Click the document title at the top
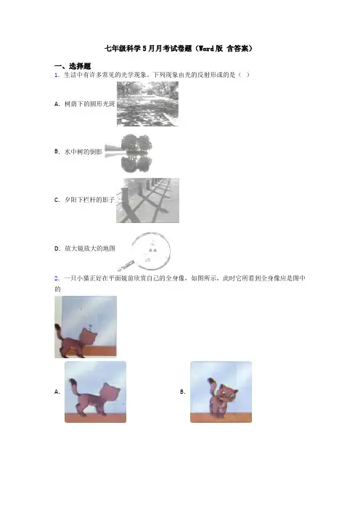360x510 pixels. [x=179, y=49]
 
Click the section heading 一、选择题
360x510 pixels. [x=73, y=66]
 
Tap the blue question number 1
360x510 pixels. [x=57, y=75]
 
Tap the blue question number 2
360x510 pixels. [x=57, y=278]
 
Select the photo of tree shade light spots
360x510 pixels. [x=147, y=104]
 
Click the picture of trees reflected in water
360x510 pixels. [x=128, y=153]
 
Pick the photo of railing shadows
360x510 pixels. [x=147, y=201]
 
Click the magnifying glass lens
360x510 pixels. [x=151, y=251]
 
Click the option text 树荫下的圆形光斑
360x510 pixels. [x=90, y=104]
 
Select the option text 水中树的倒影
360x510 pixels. [x=83, y=152]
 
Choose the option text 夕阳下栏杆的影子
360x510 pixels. [x=90, y=200]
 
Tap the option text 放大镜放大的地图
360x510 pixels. [x=90, y=248]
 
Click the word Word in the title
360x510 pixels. [x=206, y=49]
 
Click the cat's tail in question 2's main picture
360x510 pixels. [x=60, y=333]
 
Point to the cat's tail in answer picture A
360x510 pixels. [x=73, y=386]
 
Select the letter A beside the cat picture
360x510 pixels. [x=57, y=392]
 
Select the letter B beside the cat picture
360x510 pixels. [x=183, y=392]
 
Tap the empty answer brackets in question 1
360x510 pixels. [x=244, y=75]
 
